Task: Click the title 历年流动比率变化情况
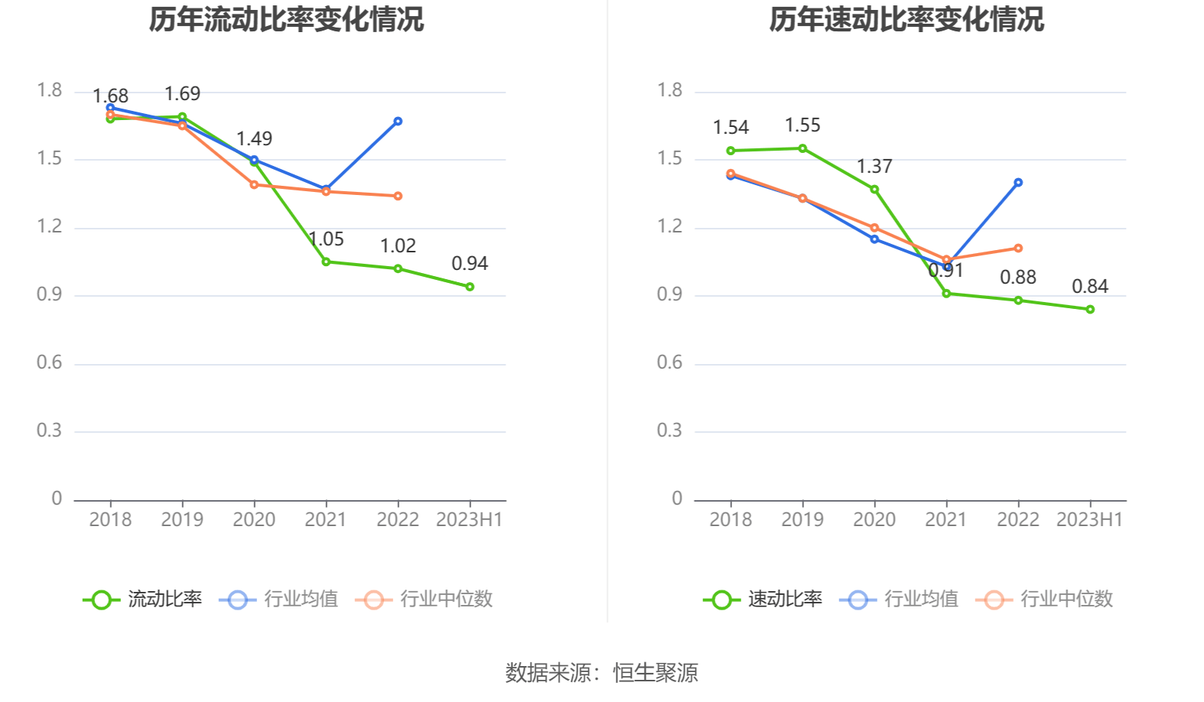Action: [286, 19]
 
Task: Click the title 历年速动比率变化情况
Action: [906, 19]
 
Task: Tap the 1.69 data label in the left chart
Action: [182, 94]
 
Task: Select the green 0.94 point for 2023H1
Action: [470, 287]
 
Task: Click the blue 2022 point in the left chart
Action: [398, 121]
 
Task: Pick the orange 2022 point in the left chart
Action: [398, 196]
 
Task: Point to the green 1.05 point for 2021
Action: [326, 262]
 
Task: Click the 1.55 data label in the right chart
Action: [802, 125]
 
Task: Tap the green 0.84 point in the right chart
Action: [1090, 310]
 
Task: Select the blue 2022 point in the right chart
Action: [1018, 183]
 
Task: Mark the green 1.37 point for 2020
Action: [874, 189]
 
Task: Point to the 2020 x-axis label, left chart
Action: [254, 520]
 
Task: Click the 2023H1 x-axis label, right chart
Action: [1089, 520]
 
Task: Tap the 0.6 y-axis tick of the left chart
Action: [50, 362]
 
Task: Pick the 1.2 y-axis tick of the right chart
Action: [670, 226]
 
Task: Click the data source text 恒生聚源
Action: [656, 673]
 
